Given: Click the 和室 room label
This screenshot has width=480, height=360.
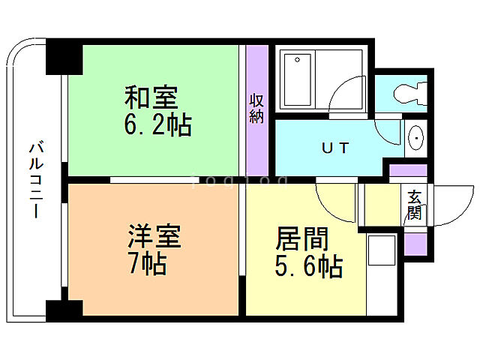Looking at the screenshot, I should pos(151,98).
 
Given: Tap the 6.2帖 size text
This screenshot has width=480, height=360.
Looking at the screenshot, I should pos(158,124).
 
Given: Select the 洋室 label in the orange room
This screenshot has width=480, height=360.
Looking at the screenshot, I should pos(153,238).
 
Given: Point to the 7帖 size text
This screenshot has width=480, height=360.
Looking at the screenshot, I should pos(147,264).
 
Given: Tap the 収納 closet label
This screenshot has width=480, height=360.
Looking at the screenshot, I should pos(256,108).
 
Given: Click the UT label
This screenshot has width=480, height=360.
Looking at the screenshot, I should pos(335,148).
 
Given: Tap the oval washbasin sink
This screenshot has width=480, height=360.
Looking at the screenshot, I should pos(417,139).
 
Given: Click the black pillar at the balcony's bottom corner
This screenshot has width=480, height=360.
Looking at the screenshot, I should pos(63,308).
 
